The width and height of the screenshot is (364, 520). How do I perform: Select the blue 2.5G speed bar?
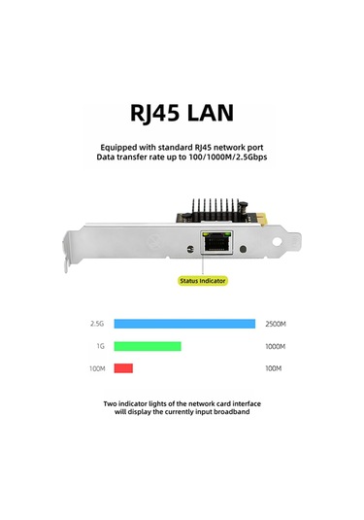[184, 324]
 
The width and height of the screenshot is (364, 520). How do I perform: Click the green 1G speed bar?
[148, 346]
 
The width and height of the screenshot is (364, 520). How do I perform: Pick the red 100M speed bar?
[123, 368]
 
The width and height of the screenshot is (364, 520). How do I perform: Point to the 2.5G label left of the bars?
[95, 324]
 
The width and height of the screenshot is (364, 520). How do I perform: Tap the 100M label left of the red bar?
[96, 368]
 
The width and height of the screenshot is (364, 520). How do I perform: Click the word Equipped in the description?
[117, 147]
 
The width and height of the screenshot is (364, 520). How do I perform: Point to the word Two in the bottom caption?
[112, 402]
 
